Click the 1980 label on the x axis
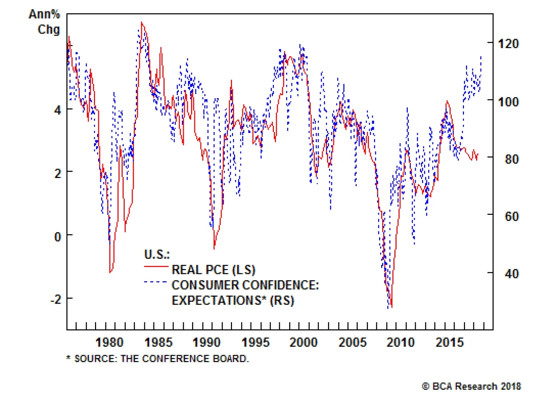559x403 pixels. (x=109, y=342)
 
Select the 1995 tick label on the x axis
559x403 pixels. (x=255, y=342)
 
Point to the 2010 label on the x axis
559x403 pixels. (x=401, y=342)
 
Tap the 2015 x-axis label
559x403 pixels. (x=450, y=342)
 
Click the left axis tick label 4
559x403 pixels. (x=58, y=110)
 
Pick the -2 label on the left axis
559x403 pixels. (x=56, y=300)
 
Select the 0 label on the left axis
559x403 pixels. (x=58, y=237)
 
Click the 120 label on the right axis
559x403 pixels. (x=508, y=44)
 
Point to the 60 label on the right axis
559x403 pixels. (x=512, y=217)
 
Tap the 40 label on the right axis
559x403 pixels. (x=512, y=274)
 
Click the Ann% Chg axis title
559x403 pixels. (x=45, y=22)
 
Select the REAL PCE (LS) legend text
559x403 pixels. (x=213, y=270)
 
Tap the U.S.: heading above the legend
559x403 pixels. (x=157, y=254)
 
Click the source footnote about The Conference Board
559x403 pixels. (x=158, y=359)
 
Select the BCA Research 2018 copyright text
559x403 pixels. (x=472, y=386)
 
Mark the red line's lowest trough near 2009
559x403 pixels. (x=392, y=307)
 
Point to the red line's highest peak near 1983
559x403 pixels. (x=141, y=22)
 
